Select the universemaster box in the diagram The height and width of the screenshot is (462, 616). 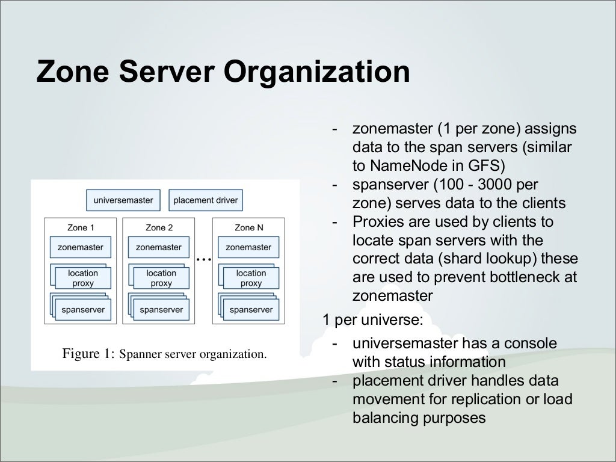pyautogui.click(x=123, y=200)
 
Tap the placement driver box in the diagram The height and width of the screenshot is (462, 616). pyautogui.click(x=206, y=200)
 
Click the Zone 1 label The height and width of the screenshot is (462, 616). pyautogui.click(x=81, y=228)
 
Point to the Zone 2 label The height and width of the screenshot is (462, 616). pyautogui.click(x=159, y=228)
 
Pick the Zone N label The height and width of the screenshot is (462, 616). pyautogui.click(x=249, y=228)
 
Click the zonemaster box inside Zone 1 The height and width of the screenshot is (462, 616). pyautogui.click(x=81, y=247)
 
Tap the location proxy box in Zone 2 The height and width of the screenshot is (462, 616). pyautogui.click(x=161, y=278)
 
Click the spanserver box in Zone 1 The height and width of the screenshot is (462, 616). pyautogui.click(x=83, y=310)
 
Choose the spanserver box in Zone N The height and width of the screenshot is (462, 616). pyautogui.click(x=251, y=310)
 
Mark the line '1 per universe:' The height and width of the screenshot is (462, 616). pyautogui.click(x=373, y=319)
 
